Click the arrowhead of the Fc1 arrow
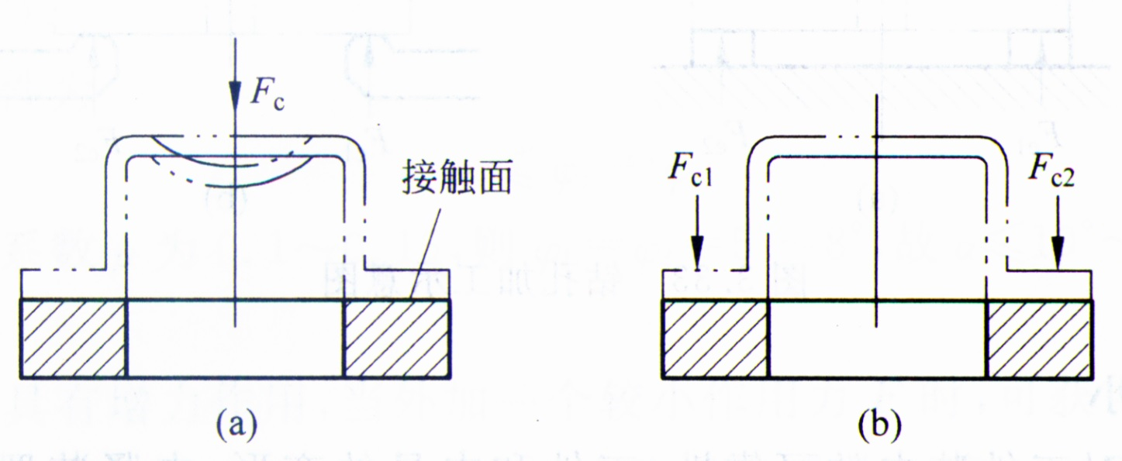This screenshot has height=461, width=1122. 697,255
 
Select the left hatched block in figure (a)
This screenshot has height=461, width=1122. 73,338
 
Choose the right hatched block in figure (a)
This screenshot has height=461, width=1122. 396,338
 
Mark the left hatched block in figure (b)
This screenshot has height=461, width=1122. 715,338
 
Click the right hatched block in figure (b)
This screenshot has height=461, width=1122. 1039,338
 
